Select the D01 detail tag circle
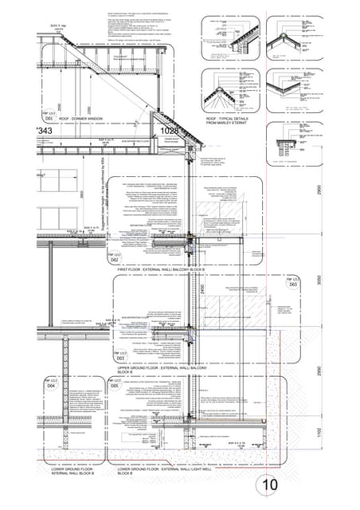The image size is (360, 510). (48, 117)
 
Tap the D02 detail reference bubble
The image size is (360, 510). (115, 257)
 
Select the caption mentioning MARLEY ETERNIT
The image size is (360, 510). (228, 120)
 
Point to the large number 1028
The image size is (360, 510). (170, 130)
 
